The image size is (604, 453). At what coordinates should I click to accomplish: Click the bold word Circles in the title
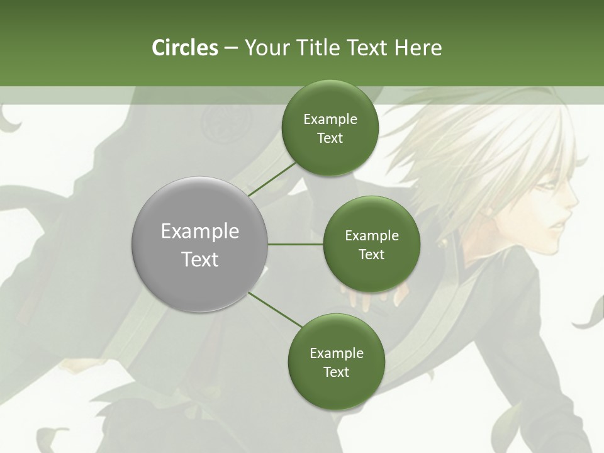click(x=184, y=48)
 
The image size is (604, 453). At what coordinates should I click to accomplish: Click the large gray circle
click(x=199, y=244)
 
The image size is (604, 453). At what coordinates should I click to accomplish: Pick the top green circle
click(x=330, y=128)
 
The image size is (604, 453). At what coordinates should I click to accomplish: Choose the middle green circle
click(x=371, y=244)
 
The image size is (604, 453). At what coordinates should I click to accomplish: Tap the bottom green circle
click(x=336, y=362)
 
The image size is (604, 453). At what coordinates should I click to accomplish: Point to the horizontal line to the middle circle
click(x=296, y=244)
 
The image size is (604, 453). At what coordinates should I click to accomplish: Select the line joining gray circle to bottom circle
click(x=275, y=310)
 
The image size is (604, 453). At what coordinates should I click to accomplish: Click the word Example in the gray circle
click(x=199, y=232)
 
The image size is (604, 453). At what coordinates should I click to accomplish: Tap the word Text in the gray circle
click(x=199, y=259)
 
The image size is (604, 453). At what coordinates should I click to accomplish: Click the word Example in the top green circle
click(x=330, y=120)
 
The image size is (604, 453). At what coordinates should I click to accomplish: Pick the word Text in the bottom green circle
click(x=336, y=372)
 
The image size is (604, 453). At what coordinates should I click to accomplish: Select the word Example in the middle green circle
click(x=371, y=236)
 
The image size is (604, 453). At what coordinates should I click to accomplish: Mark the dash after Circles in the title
click(x=231, y=48)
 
